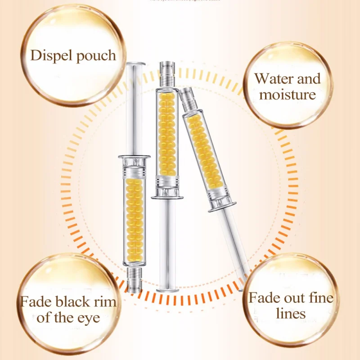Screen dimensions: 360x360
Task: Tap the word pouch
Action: pyautogui.click(x=94, y=56)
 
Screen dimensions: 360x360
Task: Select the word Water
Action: pyautogui.click(x=274, y=79)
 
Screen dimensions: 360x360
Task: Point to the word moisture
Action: pyautogui.click(x=287, y=95)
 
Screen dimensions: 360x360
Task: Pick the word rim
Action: pyautogui.click(x=107, y=301)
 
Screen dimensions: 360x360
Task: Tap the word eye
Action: pyautogui.click(x=89, y=318)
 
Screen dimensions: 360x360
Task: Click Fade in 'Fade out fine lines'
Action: pyautogui.click(x=264, y=297)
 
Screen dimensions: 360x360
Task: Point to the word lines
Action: pyautogui.click(x=291, y=314)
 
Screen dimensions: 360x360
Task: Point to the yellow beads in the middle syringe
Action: pyautogui.click(x=166, y=135)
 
